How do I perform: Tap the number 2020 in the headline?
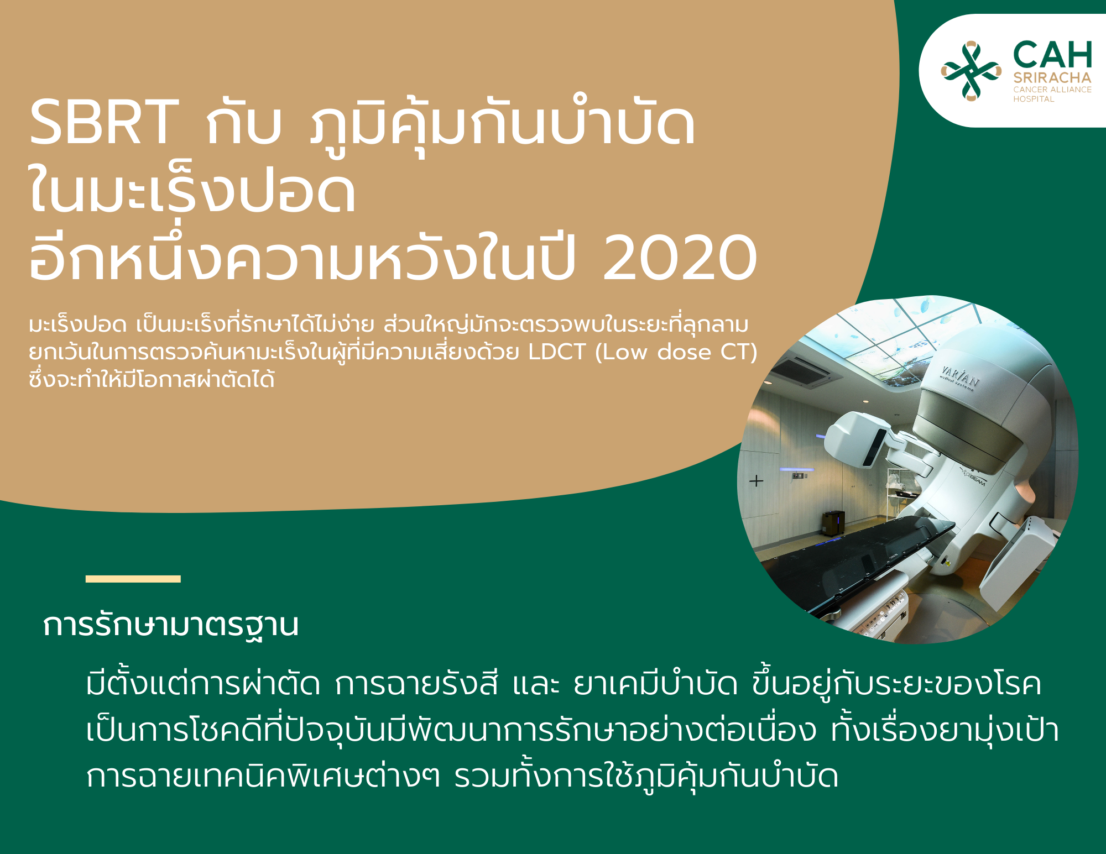tap(680, 258)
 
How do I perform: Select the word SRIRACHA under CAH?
tap(1052, 78)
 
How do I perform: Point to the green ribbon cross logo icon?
tap(971, 71)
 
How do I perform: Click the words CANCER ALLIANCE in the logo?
tap(1052, 90)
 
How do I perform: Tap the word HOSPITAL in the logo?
tap(1034, 99)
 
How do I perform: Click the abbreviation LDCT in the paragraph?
tap(557, 352)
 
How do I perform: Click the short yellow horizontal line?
tap(133, 579)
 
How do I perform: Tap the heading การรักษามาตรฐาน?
tap(171, 626)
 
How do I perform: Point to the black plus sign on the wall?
tap(756, 481)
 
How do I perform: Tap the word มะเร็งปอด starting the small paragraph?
tap(78, 324)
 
